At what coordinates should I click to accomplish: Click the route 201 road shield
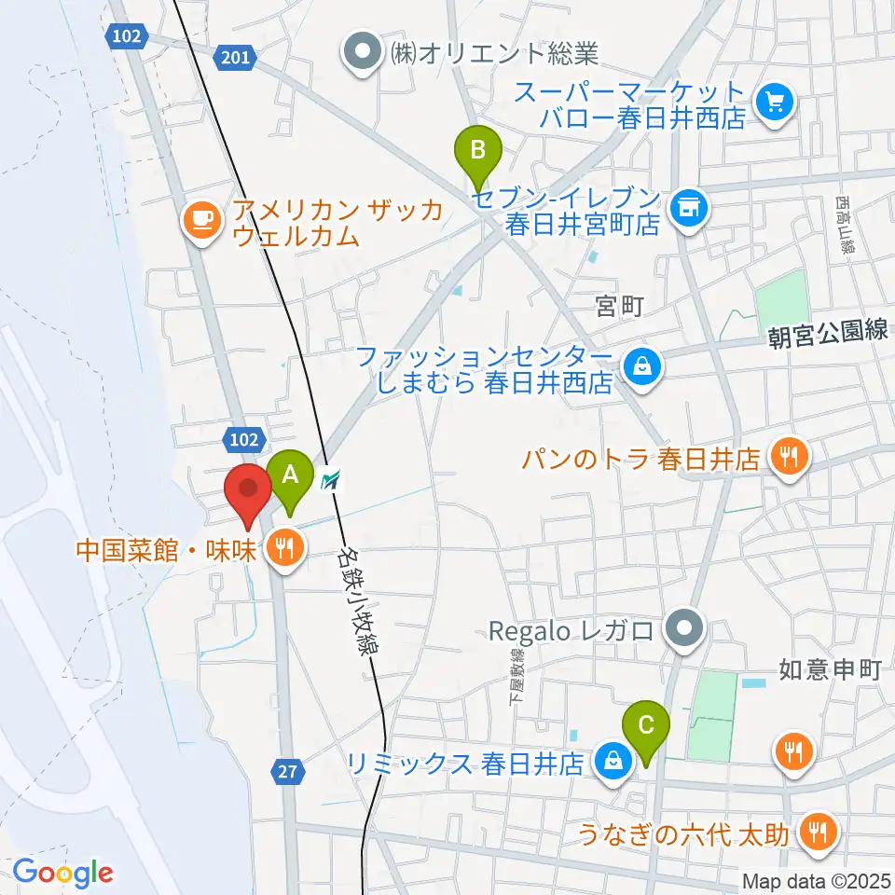coord(237,59)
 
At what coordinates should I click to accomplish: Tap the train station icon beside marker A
coord(331,481)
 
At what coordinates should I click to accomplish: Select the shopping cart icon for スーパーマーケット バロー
coord(774,102)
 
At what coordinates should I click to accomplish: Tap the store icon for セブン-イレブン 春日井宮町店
coord(690,206)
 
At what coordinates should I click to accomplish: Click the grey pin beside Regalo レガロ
coord(687,628)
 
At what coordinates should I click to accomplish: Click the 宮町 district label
coord(620,305)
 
